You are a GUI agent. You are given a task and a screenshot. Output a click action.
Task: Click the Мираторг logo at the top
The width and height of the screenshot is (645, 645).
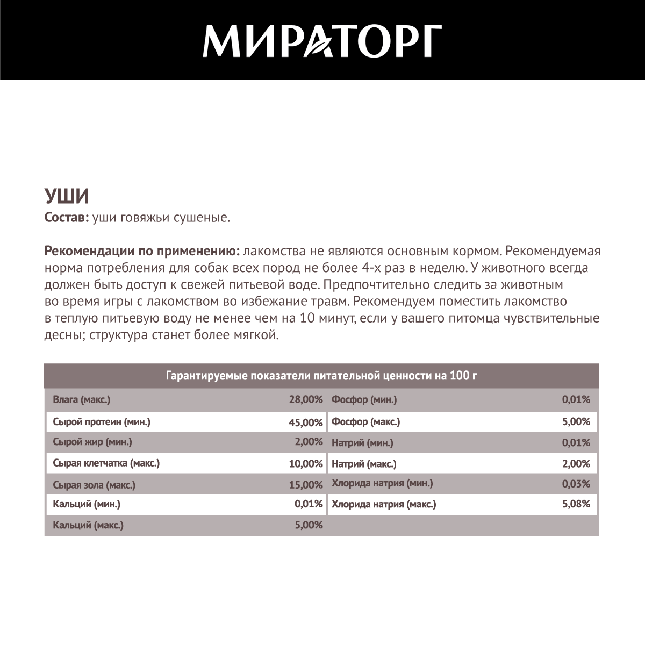tap(322, 40)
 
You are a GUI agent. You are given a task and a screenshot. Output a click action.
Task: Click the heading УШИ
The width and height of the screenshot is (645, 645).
tap(66, 197)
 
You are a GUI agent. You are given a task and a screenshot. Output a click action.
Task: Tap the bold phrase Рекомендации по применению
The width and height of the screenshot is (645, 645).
tap(142, 252)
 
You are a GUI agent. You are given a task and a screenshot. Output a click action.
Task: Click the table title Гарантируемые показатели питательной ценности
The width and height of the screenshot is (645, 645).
tap(321, 376)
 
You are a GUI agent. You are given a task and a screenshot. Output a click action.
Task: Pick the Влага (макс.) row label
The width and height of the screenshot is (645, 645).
tap(82, 400)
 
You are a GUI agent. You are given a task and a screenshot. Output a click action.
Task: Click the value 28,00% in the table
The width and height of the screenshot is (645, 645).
tap(305, 400)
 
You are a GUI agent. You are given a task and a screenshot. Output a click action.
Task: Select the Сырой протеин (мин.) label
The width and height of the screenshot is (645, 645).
tap(102, 422)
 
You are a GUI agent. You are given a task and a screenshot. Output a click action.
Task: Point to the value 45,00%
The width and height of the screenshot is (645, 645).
tap(305, 422)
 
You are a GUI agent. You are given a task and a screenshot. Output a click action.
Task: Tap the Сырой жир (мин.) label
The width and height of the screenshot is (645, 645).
tap(92, 442)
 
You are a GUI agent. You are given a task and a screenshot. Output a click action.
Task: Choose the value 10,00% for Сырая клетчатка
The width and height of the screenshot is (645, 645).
tap(305, 463)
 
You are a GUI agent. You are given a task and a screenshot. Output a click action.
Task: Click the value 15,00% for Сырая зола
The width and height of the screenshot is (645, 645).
tap(305, 485)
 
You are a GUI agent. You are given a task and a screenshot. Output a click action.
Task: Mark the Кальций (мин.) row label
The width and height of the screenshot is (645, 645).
tap(87, 504)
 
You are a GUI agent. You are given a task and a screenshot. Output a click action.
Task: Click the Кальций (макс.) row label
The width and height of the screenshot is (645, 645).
tap(88, 525)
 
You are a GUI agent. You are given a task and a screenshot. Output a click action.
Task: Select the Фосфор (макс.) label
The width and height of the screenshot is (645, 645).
tap(366, 422)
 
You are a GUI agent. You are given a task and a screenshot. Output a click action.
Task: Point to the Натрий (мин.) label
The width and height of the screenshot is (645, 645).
tap(362, 443)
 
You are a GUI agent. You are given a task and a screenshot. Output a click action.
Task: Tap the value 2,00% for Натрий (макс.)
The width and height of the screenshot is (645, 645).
tap(576, 463)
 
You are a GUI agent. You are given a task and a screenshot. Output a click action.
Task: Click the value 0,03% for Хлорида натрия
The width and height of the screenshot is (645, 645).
tap(576, 484)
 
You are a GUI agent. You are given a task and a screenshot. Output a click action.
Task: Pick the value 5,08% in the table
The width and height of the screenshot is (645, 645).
tap(576, 504)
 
